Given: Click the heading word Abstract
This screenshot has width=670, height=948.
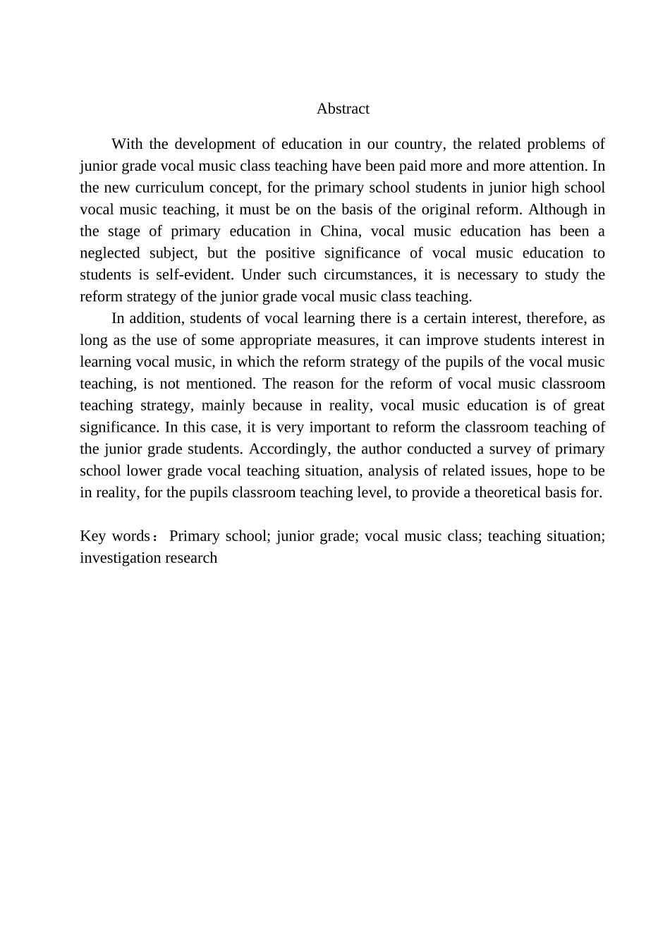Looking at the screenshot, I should pos(343,109).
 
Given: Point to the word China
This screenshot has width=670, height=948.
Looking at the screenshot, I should pos(339,231).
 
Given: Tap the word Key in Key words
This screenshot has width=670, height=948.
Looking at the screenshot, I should pos(93,536).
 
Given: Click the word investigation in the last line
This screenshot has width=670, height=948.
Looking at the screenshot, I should pos(119,558).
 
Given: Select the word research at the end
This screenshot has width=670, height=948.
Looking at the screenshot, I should pos(191,558).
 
